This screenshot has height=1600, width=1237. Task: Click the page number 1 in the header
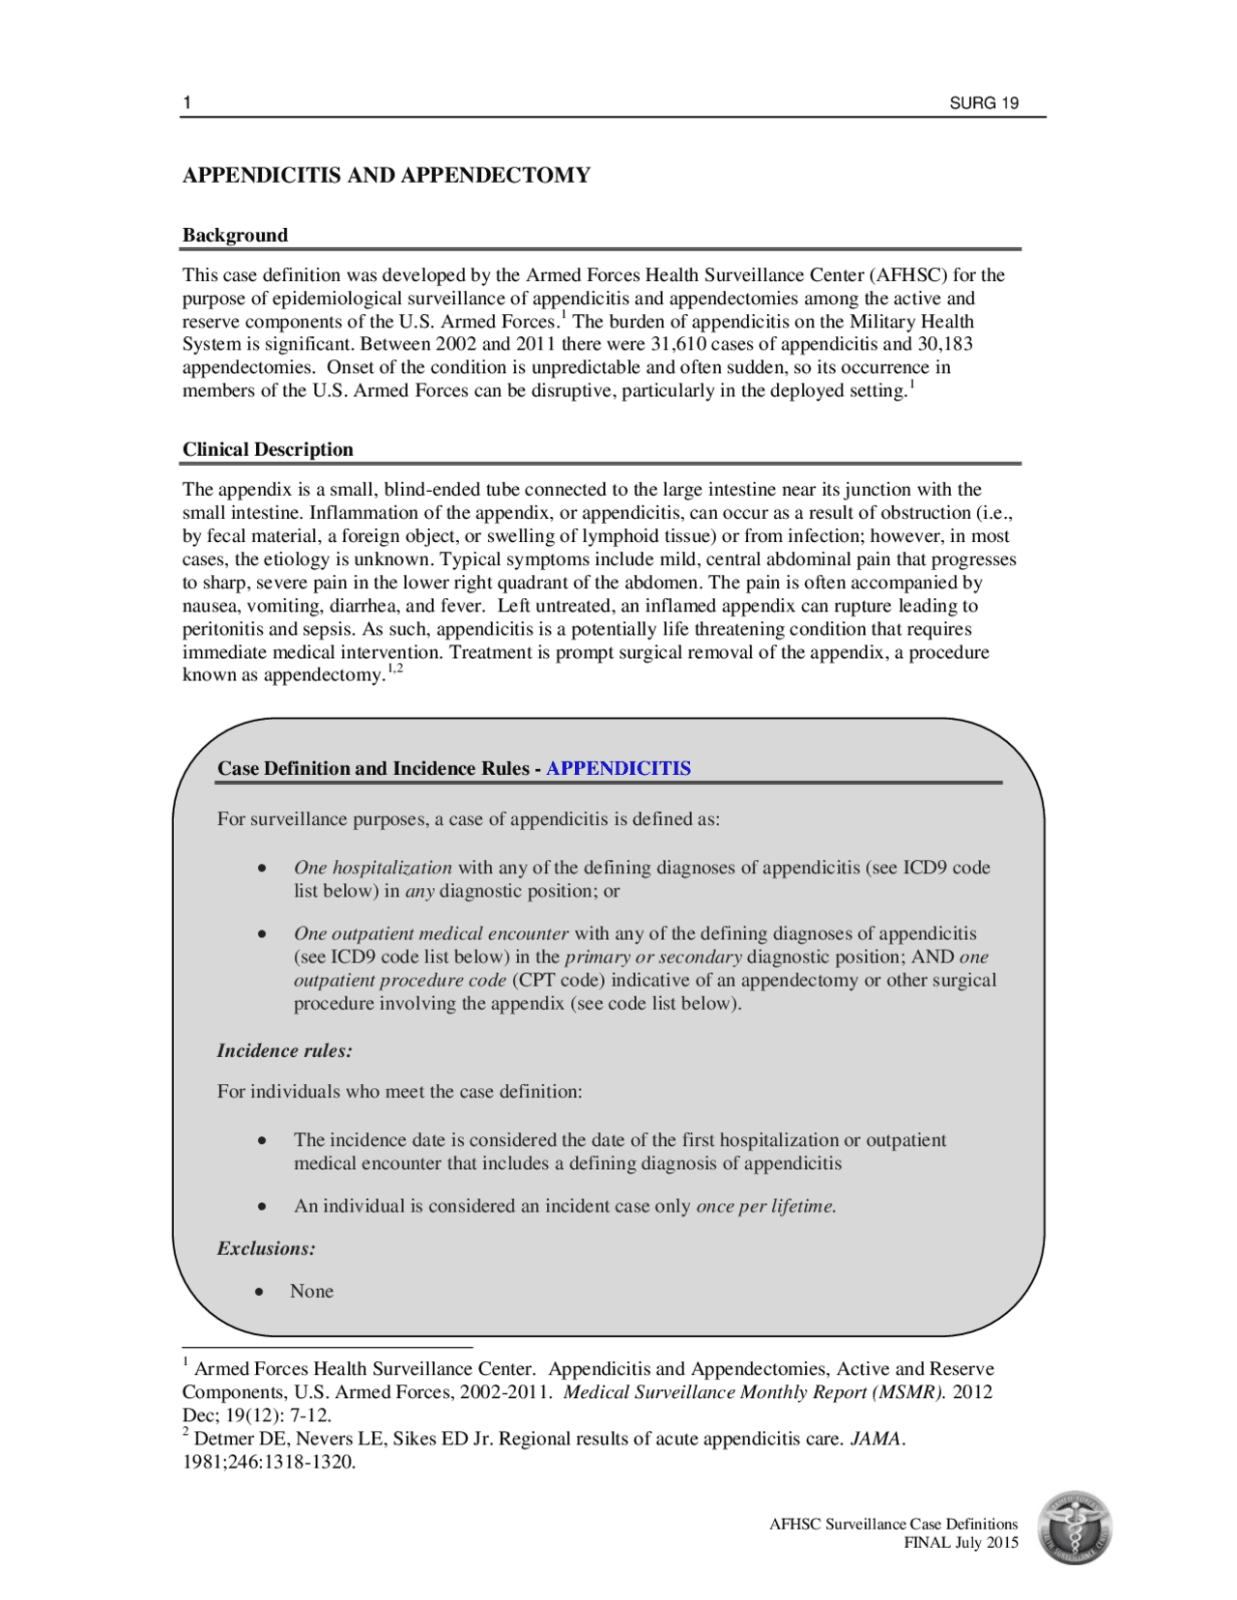click(187, 103)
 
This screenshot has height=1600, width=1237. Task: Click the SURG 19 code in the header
click(983, 103)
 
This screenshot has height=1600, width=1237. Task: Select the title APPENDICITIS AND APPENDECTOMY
click(387, 175)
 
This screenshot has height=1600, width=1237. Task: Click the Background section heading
click(235, 235)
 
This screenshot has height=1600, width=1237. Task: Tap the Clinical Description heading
click(268, 449)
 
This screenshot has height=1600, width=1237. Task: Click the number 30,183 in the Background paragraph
click(943, 344)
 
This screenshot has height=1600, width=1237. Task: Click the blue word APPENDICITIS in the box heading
click(618, 768)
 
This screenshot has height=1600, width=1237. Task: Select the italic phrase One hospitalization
click(373, 868)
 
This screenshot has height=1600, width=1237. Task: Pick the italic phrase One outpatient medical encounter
click(431, 933)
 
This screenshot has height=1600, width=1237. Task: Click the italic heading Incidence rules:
click(284, 1050)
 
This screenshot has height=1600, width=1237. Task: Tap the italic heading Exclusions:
click(266, 1248)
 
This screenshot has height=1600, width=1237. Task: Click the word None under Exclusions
click(311, 1291)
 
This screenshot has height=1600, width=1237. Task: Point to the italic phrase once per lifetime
click(765, 1206)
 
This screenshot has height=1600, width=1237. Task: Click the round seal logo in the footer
click(1075, 1528)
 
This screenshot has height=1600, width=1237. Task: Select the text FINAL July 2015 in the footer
click(961, 1542)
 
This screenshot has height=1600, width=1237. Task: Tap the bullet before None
click(259, 1292)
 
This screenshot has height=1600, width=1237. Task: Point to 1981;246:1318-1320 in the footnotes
click(268, 1462)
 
